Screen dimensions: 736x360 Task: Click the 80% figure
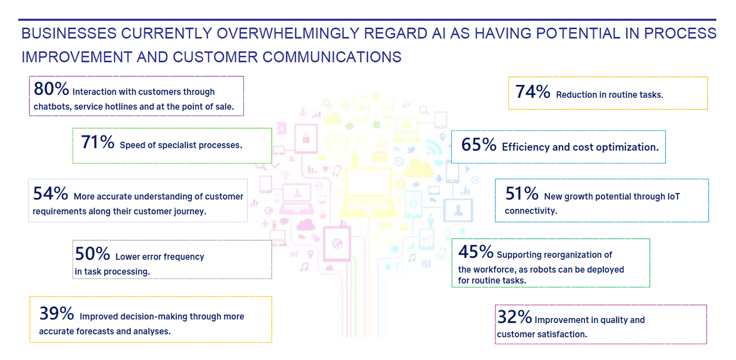click(52, 89)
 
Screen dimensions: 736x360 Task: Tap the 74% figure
click(533, 91)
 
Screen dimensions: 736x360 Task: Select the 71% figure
click(98, 142)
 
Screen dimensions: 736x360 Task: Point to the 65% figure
click(479, 145)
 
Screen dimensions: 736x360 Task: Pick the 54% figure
click(50, 193)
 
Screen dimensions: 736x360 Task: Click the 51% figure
click(522, 193)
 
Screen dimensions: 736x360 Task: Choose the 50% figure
click(93, 254)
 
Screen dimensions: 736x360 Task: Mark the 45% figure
click(476, 252)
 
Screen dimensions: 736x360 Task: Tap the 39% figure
click(57, 313)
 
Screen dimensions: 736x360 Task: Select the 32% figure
click(515, 317)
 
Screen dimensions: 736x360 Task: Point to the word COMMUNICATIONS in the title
click(332, 57)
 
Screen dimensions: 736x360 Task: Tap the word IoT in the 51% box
click(673, 197)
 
